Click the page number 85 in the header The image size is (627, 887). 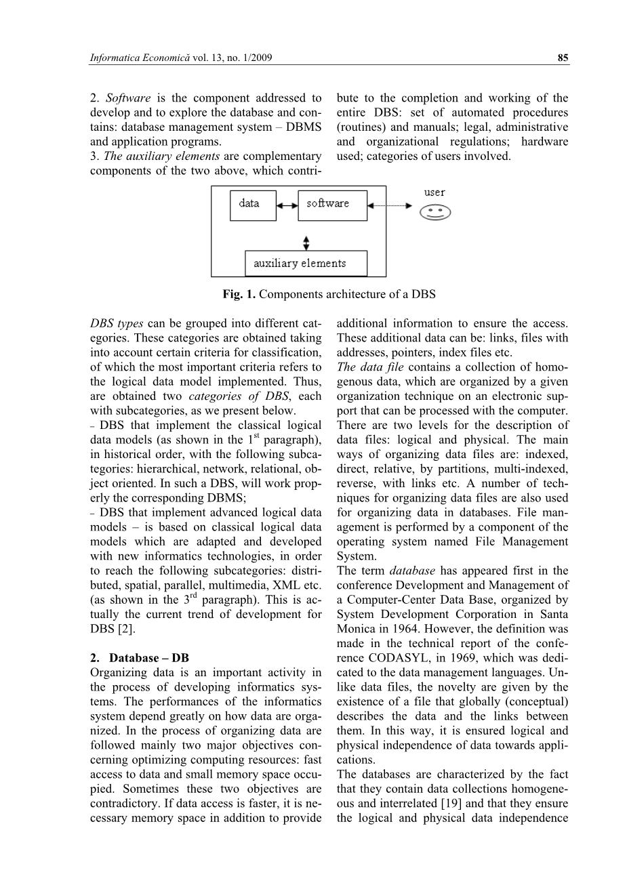pos(563,59)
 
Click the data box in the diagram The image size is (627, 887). pos(254,205)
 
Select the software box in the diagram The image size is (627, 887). pos(332,205)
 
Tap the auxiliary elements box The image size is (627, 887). pos(306,263)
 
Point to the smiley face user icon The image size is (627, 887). pos(435,213)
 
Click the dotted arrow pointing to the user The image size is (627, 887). pos(390,205)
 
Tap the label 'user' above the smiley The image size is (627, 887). pos(434,192)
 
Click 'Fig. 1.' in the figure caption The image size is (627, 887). pos(239,294)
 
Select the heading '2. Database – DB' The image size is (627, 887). pos(140,658)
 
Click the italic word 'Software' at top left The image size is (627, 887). pos(128,98)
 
